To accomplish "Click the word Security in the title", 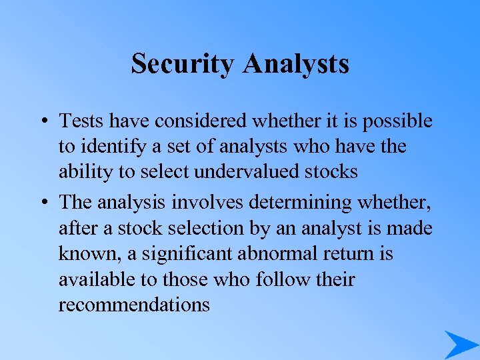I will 183,64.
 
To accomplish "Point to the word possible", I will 399,121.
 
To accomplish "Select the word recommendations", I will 134,305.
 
